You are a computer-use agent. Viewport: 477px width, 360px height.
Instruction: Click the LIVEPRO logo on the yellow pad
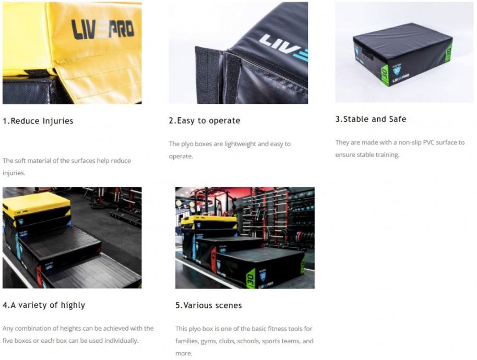pyautogui.click(x=103, y=30)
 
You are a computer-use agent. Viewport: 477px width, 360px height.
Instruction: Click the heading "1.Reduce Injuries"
pyautogui.click(x=38, y=121)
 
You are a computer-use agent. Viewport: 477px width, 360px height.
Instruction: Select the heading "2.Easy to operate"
pyautogui.click(x=205, y=121)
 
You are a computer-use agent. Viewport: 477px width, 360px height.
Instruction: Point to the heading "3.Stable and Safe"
pyautogui.click(x=371, y=119)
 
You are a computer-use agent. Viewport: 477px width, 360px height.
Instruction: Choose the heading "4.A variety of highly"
pyautogui.click(x=44, y=305)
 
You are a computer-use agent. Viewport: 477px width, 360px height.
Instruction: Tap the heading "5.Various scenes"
pyautogui.click(x=209, y=305)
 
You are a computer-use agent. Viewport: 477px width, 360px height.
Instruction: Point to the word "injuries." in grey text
pyautogui.click(x=14, y=173)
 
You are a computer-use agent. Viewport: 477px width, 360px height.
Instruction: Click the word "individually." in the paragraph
pyautogui.click(x=122, y=341)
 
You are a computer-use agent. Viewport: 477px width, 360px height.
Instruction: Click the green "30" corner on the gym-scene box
pyautogui.click(x=251, y=278)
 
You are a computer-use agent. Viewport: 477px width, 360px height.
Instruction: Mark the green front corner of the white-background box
pyautogui.click(x=385, y=75)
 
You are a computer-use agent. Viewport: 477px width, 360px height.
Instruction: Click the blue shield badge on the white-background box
pyautogui.click(x=397, y=70)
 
